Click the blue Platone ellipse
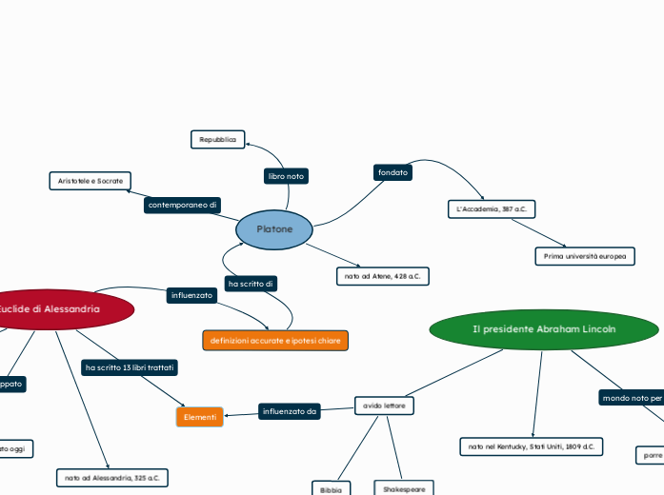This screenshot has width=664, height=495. (274, 229)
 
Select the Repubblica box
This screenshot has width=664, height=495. (218, 140)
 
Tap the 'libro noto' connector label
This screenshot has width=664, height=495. (286, 176)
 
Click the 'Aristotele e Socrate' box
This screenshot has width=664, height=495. (91, 180)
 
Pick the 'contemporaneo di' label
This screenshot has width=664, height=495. (183, 205)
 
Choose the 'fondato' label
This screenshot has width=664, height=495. (392, 172)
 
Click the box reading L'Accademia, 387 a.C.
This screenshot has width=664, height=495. (492, 208)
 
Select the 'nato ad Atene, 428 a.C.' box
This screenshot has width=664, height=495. (383, 276)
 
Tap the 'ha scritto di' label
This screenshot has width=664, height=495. (252, 284)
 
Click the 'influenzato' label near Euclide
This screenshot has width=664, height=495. (191, 296)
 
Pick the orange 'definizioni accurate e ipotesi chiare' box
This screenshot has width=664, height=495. (275, 340)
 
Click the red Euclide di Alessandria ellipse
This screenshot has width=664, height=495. (57, 309)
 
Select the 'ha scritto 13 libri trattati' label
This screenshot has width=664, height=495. (130, 366)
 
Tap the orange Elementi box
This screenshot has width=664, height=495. (200, 417)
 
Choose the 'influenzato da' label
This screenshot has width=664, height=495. (290, 411)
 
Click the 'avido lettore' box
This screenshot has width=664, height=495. (384, 406)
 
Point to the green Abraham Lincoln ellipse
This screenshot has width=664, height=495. (544, 329)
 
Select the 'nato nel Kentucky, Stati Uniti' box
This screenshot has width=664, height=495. (531, 445)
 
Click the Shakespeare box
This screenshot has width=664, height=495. (404, 488)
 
